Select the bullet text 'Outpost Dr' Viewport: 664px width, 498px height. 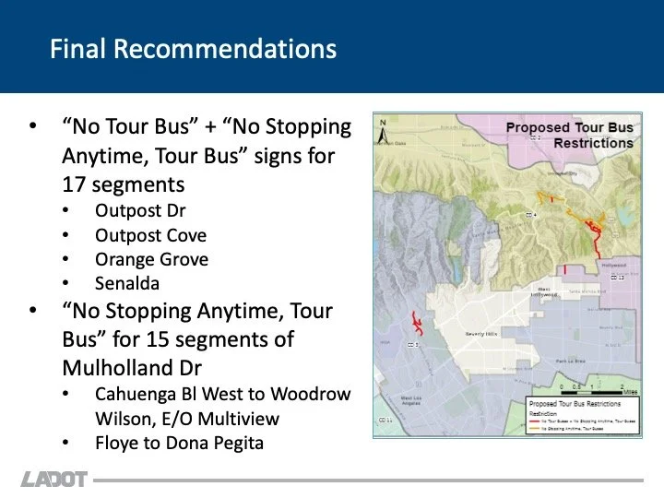140,210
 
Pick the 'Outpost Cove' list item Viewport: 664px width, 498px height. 150,235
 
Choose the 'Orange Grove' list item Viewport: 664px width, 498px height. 151,259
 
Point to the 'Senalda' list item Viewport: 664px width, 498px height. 128,283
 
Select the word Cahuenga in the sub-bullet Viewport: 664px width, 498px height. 136,394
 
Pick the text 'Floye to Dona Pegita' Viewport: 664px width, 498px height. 179,443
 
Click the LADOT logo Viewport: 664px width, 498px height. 54,480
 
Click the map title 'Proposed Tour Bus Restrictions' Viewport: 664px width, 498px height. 569,136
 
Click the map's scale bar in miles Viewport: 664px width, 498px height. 591,385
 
